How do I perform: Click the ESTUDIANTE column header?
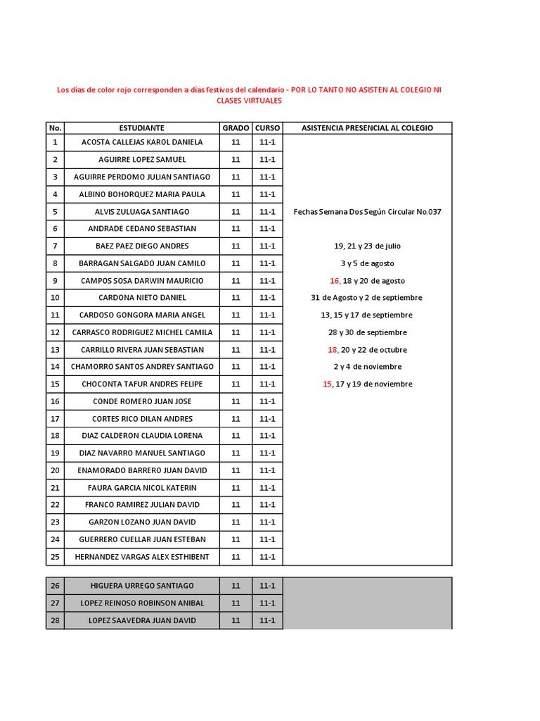point(141,128)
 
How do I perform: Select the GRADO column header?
point(236,128)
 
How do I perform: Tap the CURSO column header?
point(267,128)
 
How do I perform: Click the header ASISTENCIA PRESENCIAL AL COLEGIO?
point(367,128)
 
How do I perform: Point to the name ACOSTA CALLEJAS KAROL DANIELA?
point(141,142)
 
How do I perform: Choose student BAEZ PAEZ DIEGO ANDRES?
point(141,246)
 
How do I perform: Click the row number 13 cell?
point(55,349)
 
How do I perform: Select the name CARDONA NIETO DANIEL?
point(141,298)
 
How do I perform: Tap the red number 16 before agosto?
point(334,280)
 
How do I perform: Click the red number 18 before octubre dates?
point(333,349)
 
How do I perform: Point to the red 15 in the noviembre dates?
point(327,384)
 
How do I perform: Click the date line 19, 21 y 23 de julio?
point(367,246)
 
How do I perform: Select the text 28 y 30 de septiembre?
point(367,332)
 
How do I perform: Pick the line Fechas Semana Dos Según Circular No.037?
point(367,211)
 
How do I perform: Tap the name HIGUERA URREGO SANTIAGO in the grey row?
point(141,586)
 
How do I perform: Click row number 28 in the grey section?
point(55,620)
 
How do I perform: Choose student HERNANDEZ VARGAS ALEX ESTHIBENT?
point(141,557)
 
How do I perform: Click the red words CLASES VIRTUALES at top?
point(249,101)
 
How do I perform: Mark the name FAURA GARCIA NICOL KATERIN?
point(141,487)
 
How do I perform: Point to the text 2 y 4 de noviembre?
point(367,367)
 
